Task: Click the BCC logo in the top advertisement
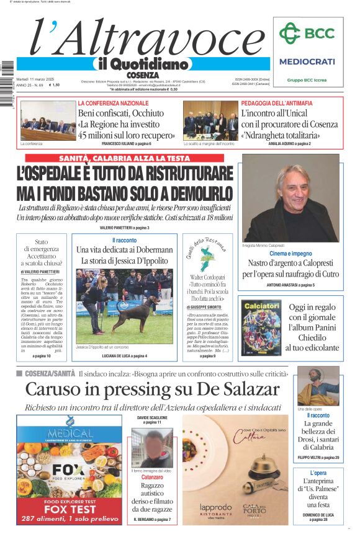306,35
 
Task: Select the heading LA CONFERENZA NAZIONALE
113,103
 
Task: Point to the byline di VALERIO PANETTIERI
40,272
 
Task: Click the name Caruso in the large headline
60,389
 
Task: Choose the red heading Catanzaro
152,478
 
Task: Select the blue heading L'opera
318,473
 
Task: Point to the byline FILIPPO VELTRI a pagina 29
318,458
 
